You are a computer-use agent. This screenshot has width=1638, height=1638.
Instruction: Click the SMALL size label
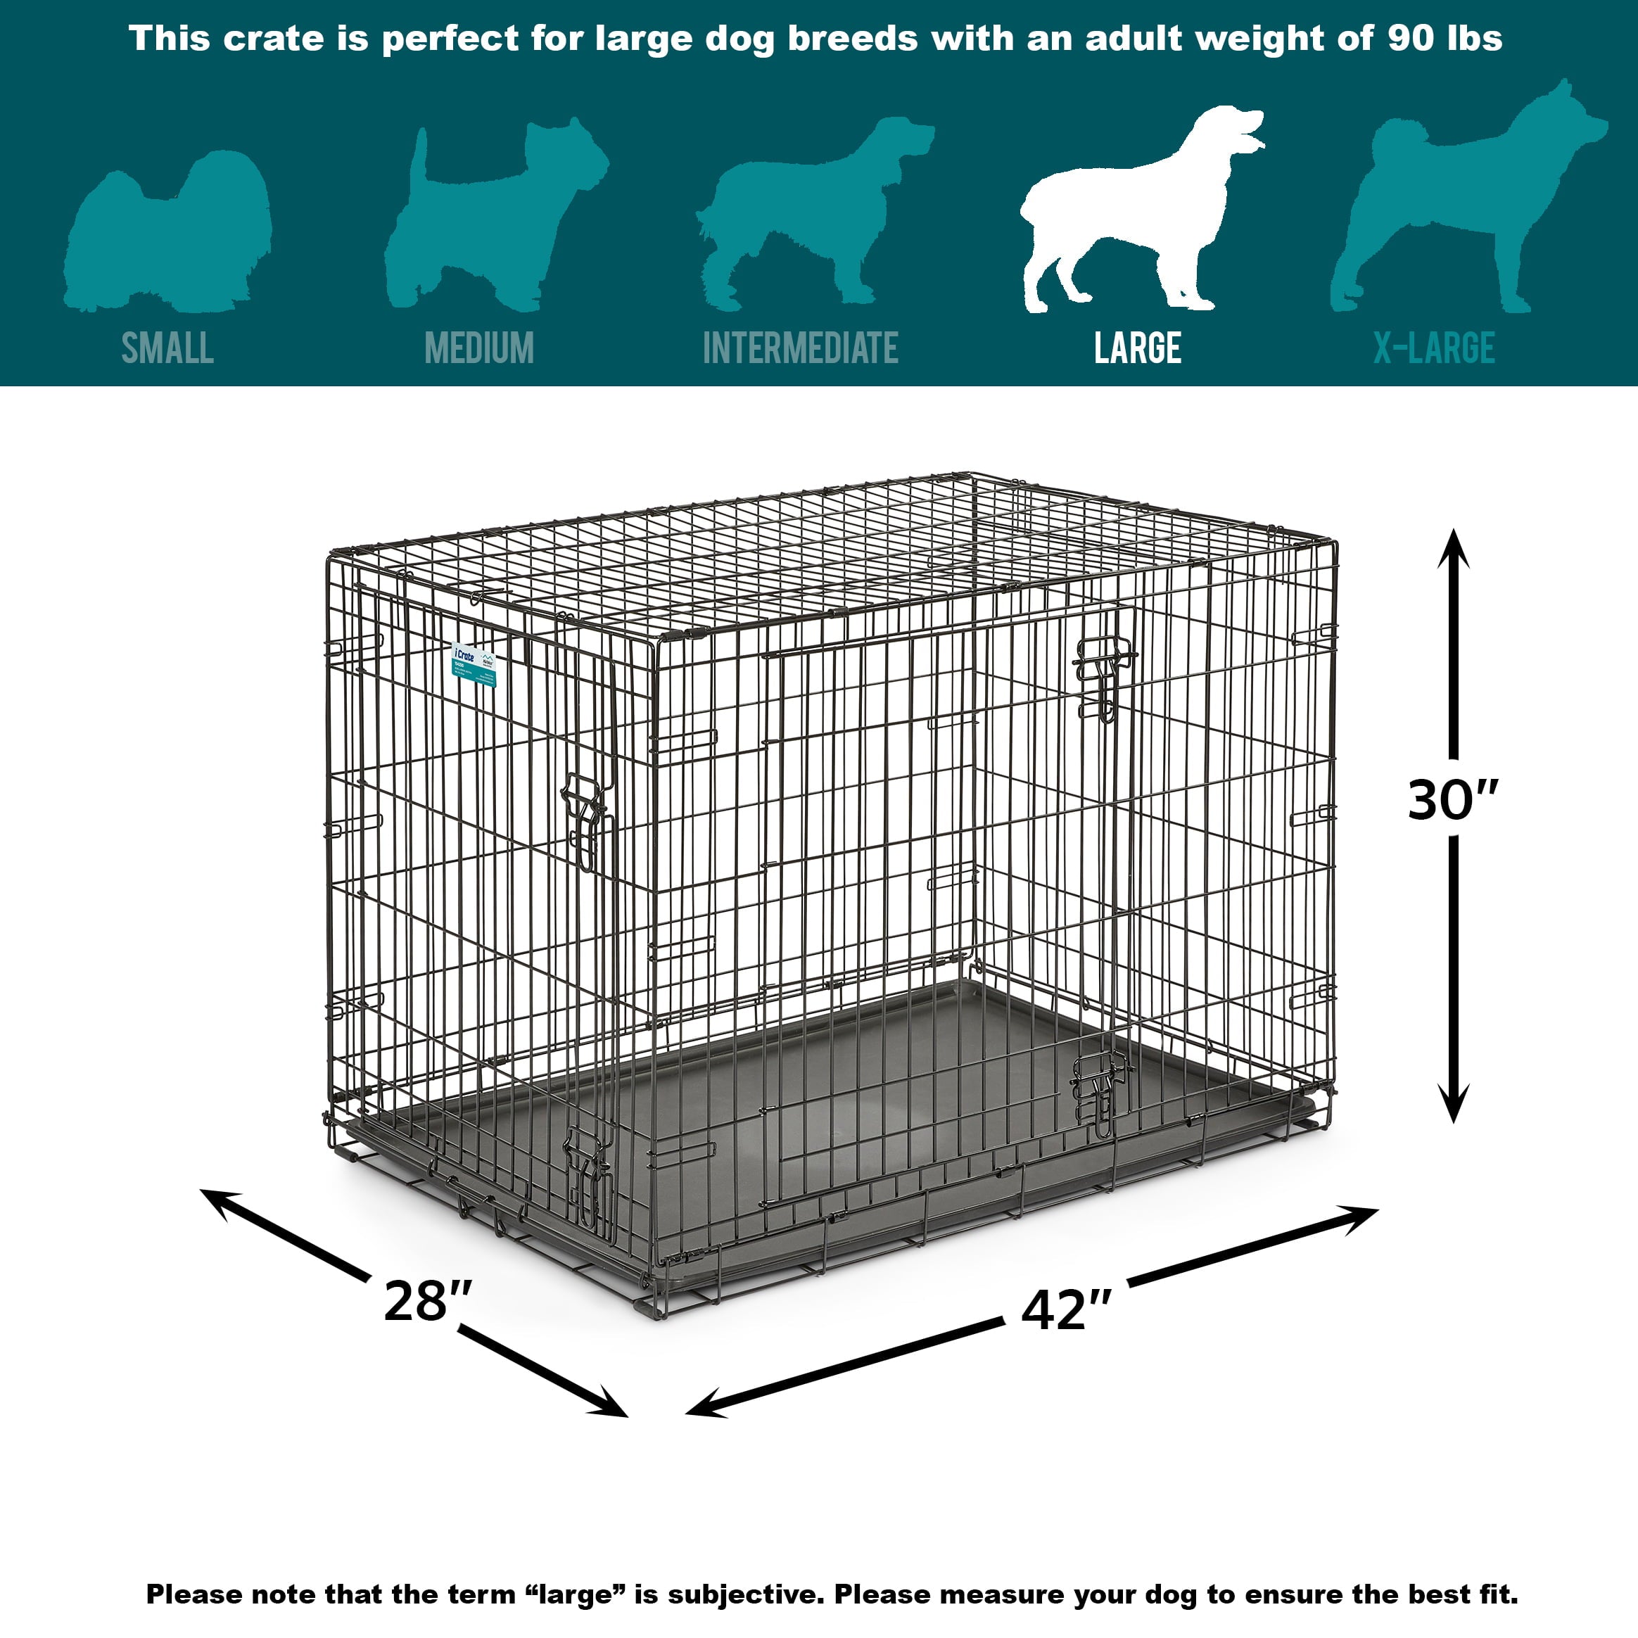point(167,348)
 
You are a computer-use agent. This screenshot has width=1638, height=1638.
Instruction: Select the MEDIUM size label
point(479,348)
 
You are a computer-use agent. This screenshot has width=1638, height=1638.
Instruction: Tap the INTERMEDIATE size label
point(800,348)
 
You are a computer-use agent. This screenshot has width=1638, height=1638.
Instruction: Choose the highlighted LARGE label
point(1137,348)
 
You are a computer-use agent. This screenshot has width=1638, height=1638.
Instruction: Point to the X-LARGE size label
point(1434,348)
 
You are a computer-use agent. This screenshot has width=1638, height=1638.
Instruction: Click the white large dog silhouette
point(1136,212)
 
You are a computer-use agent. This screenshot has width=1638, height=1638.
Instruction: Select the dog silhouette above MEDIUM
point(492,216)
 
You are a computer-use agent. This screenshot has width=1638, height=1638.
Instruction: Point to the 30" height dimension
point(1452,799)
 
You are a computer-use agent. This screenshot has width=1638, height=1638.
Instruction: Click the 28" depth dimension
point(427,1302)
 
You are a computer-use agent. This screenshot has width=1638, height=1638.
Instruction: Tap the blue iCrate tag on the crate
point(474,666)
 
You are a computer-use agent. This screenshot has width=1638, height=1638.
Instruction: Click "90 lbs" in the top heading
point(1445,39)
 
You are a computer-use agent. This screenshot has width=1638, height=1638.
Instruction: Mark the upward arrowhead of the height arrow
point(1453,547)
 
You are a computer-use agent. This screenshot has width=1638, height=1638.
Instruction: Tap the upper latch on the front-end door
point(585,818)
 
